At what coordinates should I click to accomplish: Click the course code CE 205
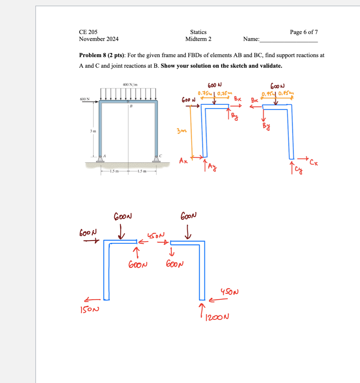click(88, 32)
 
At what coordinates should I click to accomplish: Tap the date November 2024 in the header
click(98, 39)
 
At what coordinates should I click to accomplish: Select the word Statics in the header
click(198, 32)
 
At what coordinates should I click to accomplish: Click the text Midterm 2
click(198, 39)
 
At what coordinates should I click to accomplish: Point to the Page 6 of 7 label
click(304, 32)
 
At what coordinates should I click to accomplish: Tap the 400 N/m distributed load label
click(130, 85)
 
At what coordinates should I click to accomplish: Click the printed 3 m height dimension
click(93, 131)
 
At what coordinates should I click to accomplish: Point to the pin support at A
click(100, 158)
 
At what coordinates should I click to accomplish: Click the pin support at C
click(156, 158)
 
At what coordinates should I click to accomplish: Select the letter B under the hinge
click(131, 106)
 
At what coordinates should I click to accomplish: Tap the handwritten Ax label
click(184, 161)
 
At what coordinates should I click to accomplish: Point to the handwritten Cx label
click(314, 162)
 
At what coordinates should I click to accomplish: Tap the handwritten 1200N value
click(217, 317)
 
